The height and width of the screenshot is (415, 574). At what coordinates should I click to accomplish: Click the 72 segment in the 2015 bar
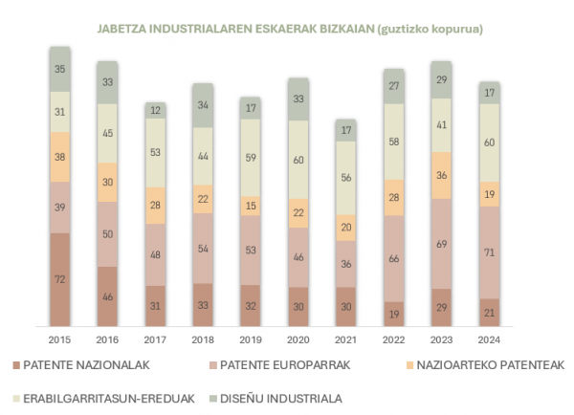[x=59, y=279]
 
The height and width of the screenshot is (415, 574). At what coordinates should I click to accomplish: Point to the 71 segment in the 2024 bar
[x=489, y=252]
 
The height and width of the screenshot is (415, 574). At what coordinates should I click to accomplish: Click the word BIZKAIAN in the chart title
[x=363, y=29]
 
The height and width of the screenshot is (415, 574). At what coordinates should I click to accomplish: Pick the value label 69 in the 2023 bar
[x=441, y=245]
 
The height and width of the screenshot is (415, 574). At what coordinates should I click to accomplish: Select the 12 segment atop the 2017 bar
[x=155, y=110]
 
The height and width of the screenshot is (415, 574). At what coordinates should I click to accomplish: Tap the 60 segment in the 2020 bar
[x=298, y=161]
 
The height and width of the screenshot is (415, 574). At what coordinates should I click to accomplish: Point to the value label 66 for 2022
[x=393, y=259]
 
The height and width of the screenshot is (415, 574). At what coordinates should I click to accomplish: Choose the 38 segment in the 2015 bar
[x=59, y=157]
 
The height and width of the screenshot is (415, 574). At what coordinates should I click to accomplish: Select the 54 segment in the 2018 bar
[x=203, y=248]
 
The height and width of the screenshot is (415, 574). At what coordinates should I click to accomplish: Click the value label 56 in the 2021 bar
[x=345, y=177]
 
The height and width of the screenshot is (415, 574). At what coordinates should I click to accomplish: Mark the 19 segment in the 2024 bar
[x=489, y=194]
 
